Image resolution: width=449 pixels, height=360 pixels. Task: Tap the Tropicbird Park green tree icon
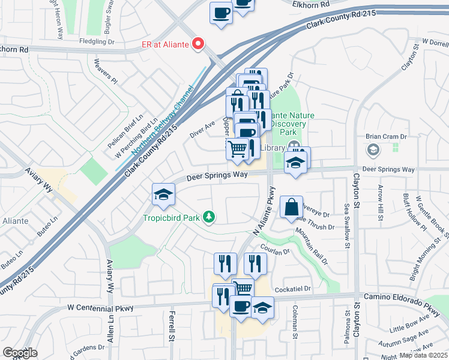coord(209,217)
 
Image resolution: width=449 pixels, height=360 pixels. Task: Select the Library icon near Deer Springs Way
coord(294,146)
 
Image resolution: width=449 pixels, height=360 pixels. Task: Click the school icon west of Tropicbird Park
coord(162,193)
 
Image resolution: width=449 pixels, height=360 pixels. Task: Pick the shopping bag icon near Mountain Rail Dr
coord(291,207)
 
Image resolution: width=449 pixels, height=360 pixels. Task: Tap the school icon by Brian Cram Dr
coord(373,149)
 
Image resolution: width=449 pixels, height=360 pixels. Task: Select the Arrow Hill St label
coord(381,201)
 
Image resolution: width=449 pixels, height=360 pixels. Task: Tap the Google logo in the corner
coord(20,353)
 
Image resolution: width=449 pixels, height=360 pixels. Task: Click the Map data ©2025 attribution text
coord(423,355)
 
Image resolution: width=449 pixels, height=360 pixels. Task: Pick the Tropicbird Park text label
coord(172,217)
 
